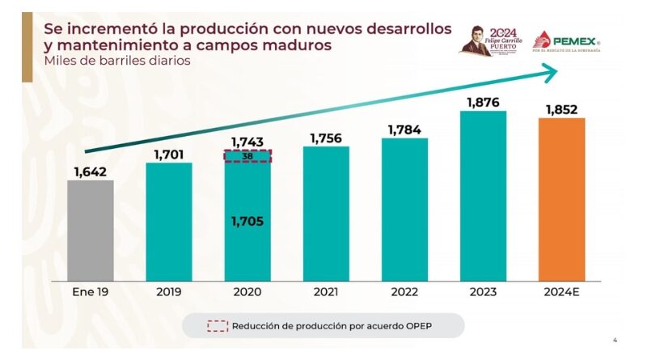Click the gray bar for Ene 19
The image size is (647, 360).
tap(90, 231)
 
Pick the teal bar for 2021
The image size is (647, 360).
tap(326, 214)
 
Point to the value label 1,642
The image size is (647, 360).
tap(90, 171)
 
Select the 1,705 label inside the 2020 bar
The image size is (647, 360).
tap(247, 221)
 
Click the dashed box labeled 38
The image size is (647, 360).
tap(247, 156)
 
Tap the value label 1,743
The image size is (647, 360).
tap(247, 142)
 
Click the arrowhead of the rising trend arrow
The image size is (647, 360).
tap(550, 74)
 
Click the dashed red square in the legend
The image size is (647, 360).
tap(217, 326)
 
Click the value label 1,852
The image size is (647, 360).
tap(561, 109)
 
